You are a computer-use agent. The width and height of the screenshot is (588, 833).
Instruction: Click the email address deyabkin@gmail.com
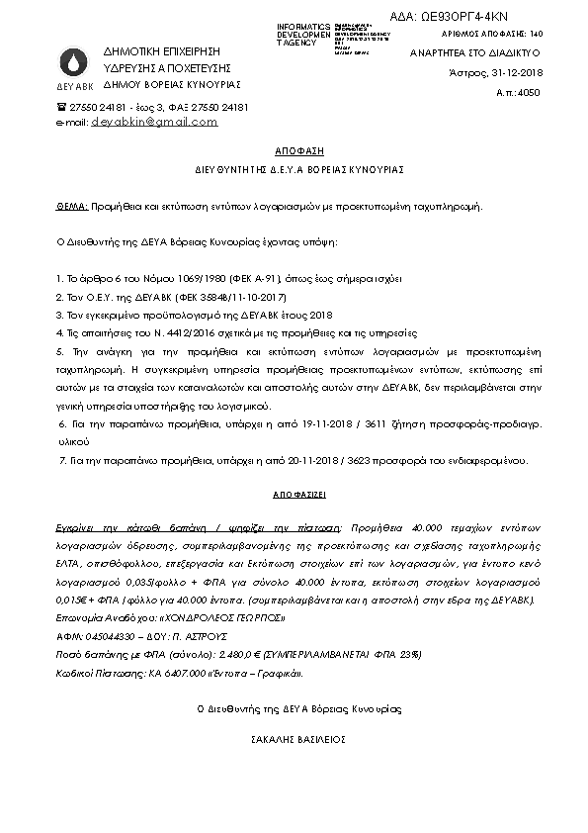(x=154, y=122)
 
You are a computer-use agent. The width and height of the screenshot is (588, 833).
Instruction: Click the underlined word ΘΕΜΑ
(x=69, y=208)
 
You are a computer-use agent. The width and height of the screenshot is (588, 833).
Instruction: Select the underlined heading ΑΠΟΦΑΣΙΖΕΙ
(x=294, y=492)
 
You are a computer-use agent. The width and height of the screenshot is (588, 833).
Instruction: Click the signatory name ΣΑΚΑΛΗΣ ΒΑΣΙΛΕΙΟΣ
(x=294, y=738)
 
